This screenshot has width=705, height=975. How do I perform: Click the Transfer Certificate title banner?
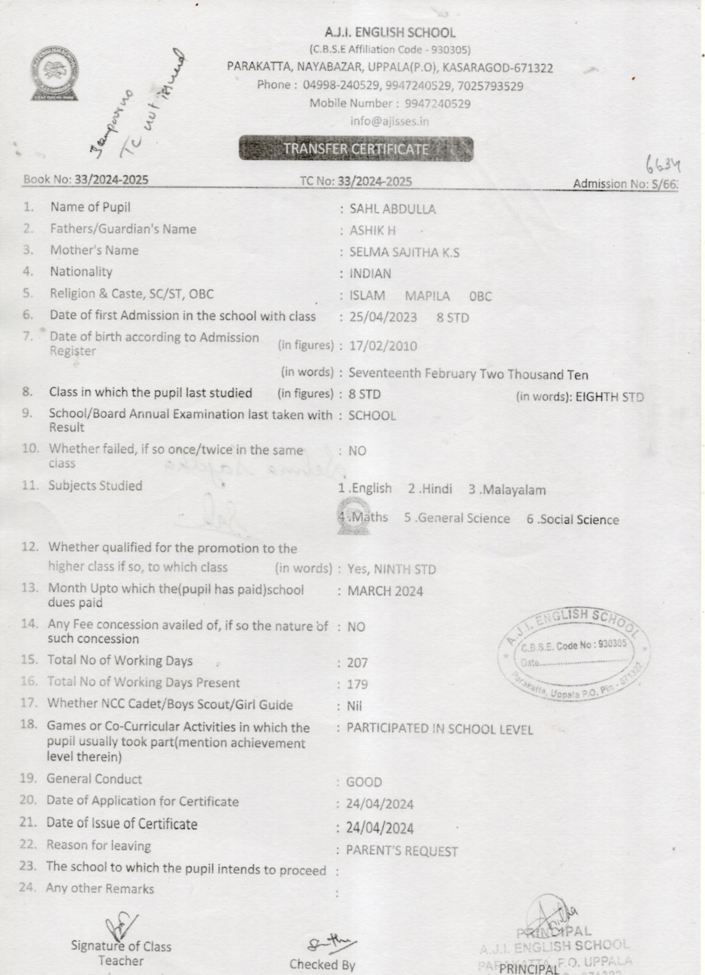click(x=356, y=149)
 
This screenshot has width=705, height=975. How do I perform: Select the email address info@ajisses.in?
click(x=390, y=121)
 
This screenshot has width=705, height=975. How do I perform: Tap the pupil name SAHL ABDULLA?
click(x=393, y=209)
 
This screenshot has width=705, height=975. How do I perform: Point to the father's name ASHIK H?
click(x=372, y=231)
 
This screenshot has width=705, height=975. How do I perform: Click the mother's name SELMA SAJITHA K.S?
click(x=404, y=252)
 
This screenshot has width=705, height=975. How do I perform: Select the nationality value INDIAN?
click(x=370, y=274)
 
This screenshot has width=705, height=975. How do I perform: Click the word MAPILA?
click(x=427, y=296)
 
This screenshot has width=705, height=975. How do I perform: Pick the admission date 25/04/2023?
click(x=383, y=317)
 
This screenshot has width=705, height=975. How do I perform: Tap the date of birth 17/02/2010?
click(x=383, y=346)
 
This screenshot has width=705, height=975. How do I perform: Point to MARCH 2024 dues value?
click(x=385, y=591)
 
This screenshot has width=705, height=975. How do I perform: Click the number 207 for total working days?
click(x=357, y=663)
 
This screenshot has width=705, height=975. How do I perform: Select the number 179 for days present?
click(x=357, y=684)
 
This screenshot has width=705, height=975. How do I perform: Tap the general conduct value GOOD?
click(x=364, y=782)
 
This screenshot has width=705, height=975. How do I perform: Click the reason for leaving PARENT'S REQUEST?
click(x=402, y=851)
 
